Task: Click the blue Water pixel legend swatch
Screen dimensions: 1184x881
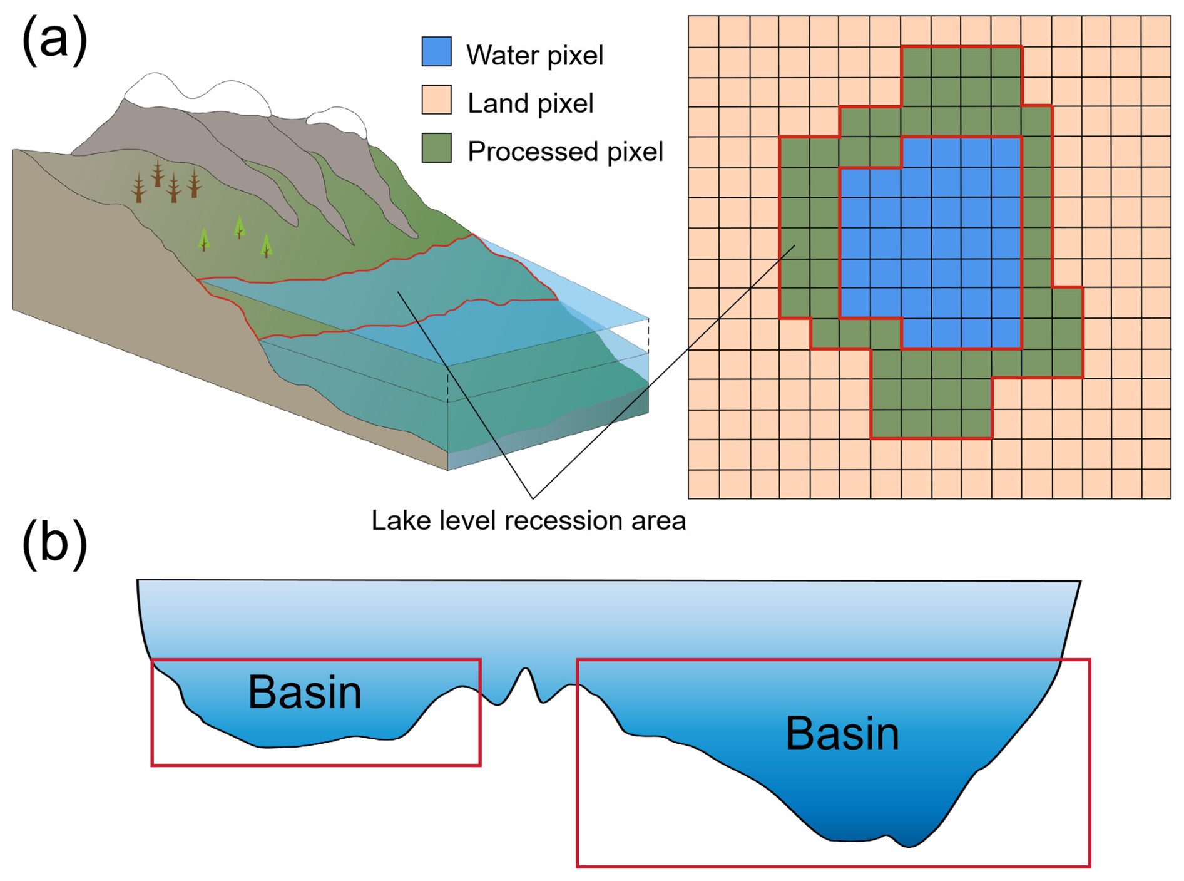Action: [436, 52]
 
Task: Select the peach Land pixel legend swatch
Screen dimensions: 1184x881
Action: [436, 100]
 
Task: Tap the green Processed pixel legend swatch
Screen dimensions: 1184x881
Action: [436, 148]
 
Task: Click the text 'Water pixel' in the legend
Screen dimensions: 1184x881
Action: [534, 56]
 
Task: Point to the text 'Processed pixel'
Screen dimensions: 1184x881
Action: [565, 152]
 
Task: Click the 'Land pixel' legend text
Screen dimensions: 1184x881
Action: [531, 104]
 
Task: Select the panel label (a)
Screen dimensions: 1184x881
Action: [54, 39]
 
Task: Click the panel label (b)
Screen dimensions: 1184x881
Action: [54, 544]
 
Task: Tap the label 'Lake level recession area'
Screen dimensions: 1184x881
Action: [529, 521]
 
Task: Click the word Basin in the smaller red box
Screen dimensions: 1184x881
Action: [305, 693]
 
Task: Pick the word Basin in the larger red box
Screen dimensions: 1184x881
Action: [842, 733]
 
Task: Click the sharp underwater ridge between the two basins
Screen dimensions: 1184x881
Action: [526, 669]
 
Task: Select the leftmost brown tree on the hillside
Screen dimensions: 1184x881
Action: [139, 187]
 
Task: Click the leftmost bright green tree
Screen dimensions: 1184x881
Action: [203, 239]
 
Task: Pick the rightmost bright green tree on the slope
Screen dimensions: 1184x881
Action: [267, 245]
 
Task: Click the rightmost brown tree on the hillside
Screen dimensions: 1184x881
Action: [195, 182]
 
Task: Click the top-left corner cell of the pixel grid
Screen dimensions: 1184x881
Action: [703, 31]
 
